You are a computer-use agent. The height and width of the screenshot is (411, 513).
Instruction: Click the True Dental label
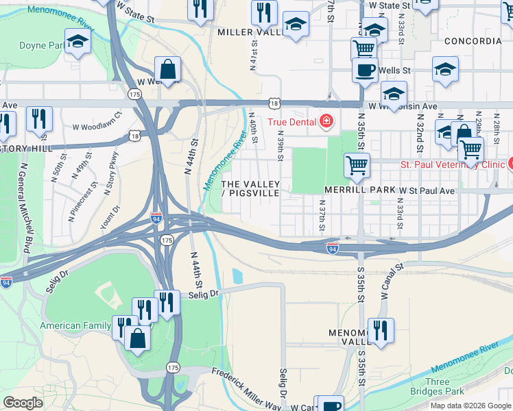[x=291, y=123]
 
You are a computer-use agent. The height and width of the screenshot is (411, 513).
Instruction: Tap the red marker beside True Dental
[x=326, y=123]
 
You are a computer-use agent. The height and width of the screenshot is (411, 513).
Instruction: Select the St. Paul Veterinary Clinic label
[x=453, y=164]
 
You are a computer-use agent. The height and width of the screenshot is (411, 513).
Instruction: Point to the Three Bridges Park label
[x=437, y=386]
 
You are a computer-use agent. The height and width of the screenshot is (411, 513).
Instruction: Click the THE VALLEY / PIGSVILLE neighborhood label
[x=250, y=189]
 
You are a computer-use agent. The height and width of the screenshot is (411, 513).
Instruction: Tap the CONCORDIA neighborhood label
[x=473, y=41]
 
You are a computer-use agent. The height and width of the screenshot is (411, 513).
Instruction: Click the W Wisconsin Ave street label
[x=403, y=106]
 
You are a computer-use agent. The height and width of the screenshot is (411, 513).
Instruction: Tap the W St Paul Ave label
[x=428, y=190]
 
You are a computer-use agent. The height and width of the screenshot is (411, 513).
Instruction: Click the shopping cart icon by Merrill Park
[x=357, y=164]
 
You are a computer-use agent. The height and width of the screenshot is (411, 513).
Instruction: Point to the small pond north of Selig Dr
[x=237, y=276]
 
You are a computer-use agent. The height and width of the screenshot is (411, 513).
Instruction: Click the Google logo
[x=23, y=403]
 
